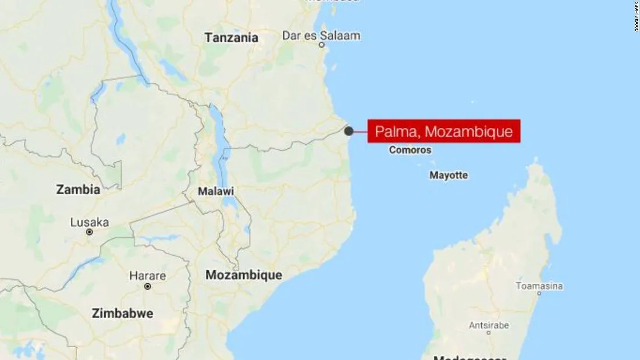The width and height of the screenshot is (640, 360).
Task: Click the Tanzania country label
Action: click(x=231, y=38)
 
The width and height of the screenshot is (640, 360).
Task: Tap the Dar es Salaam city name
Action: click(x=321, y=35)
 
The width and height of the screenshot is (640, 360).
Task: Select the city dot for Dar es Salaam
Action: click(x=321, y=45)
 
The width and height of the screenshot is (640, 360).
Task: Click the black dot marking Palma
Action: click(x=349, y=131)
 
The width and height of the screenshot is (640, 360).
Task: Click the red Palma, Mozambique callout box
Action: click(x=443, y=131)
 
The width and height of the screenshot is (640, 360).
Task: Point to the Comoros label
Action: click(x=410, y=150)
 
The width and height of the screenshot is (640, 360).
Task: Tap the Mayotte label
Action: click(x=449, y=175)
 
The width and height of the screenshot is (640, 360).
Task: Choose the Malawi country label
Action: click(x=216, y=191)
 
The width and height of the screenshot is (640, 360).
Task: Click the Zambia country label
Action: click(x=78, y=190)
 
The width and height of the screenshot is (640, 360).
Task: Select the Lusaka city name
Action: click(x=90, y=222)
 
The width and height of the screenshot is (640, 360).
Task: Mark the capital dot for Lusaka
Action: click(x=90, y=231)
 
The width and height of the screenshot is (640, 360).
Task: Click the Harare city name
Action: click(x=147, y=276)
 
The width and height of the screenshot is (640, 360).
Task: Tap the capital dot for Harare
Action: click(x=148, y=286)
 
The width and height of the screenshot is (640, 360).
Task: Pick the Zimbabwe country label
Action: click(x=122, y=313)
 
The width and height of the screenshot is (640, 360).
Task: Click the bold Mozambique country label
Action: click(x=244, y=276)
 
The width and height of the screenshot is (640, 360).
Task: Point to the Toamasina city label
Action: click(x=539, y=286)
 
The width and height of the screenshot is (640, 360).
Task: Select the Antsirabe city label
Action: click(x=489, y=325)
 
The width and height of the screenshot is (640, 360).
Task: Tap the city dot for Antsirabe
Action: click(x=489, y=333)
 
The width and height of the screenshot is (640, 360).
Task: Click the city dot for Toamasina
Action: click(x=539, y=294)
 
